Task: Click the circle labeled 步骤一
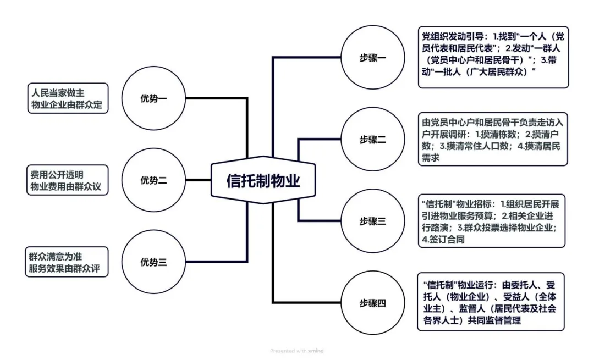click(373, 58)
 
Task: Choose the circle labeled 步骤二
click(373, 140)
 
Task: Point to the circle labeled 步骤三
click(373, 221)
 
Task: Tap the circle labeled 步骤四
click(373, 303)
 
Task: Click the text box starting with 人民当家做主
click(67, 98)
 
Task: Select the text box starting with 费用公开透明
click(67, 180)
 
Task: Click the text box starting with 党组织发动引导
click(492, 57)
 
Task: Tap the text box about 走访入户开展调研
click(492, 140)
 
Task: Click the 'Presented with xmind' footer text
click(297, 351)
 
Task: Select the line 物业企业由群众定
click(67, 105)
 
